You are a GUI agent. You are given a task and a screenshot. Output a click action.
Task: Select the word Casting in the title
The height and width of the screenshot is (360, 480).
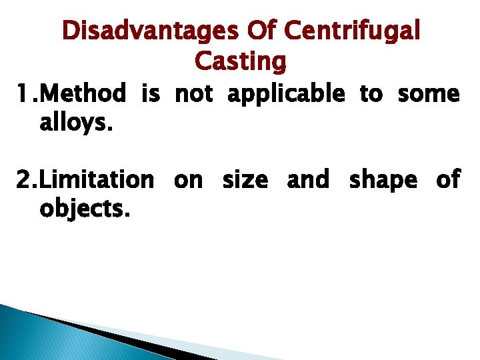[240, 61]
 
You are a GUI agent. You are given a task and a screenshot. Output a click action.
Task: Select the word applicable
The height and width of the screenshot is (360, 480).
[286, 95]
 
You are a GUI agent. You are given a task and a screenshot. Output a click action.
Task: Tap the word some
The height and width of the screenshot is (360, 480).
[429, 95]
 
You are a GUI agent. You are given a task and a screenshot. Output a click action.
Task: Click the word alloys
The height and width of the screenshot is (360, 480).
[72, 123]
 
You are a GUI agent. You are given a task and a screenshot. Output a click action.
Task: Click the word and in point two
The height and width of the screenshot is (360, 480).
[308, 179]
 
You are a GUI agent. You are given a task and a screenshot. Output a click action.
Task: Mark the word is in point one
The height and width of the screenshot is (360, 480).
[150, 95]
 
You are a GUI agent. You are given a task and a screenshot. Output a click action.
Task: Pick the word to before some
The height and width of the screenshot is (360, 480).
[371, 95]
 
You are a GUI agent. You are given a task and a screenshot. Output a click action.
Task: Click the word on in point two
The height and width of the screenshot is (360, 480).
[189, 181]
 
